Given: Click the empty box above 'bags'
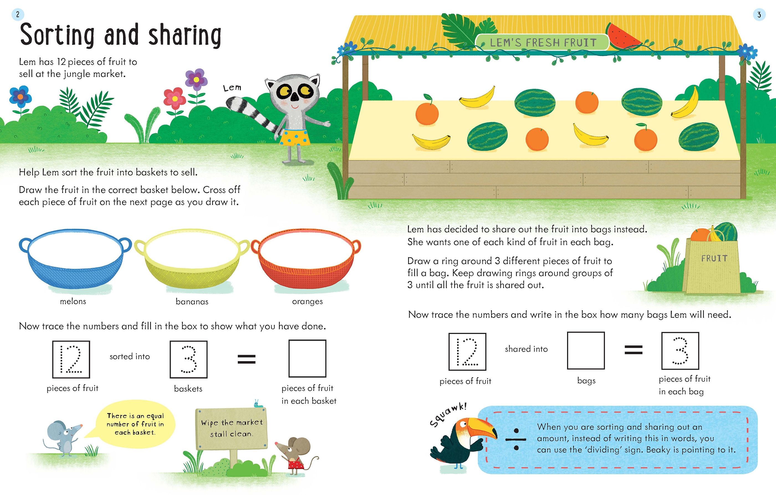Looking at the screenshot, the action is [586, 351].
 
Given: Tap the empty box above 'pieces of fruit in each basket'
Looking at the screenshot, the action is [307, 358].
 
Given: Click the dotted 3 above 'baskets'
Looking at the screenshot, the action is [189, 359].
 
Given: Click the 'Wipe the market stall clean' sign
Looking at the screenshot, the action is [231, 428].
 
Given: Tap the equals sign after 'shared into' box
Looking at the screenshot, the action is [634, 350].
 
